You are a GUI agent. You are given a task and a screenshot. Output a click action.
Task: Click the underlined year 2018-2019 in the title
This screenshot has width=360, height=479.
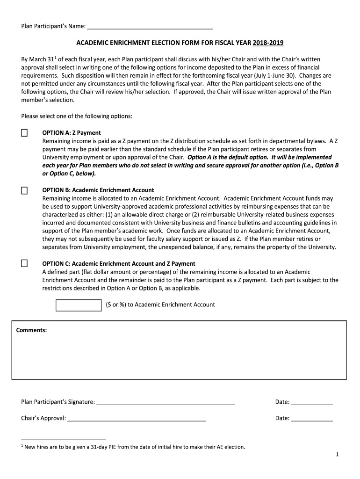(x=268, y=44)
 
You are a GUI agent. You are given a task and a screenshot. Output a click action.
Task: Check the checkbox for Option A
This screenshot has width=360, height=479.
(x=24, y=133)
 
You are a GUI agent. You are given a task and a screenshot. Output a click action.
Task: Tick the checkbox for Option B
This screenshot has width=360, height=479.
(x=24, y=190)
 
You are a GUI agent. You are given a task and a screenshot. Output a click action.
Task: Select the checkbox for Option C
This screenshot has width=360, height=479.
(x=24, y=263)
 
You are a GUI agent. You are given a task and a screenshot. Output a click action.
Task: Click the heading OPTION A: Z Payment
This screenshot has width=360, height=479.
(x=71, y=133)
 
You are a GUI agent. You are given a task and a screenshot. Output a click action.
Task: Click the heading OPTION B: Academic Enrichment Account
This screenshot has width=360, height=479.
(x=98, y=190)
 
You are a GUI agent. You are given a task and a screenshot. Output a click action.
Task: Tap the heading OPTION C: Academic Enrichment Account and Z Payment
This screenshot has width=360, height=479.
(x=118, y=263)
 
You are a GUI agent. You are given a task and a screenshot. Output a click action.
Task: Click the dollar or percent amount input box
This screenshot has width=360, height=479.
(x=79, y=305)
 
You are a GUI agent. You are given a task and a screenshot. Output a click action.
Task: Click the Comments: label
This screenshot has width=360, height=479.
(x=31, y=330)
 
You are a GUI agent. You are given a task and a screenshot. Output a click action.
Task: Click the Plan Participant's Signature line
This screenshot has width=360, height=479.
(x=166, y=402)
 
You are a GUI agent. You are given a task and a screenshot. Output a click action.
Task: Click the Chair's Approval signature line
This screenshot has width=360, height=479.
(x=137, y=418)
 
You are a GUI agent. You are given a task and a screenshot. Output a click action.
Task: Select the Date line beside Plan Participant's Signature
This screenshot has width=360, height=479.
(x=312, y=402)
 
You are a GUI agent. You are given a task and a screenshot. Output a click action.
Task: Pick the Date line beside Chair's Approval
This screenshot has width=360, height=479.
(x=312, y=418)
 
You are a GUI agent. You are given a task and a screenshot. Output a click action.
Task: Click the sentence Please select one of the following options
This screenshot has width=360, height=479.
(x=77, y=116)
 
